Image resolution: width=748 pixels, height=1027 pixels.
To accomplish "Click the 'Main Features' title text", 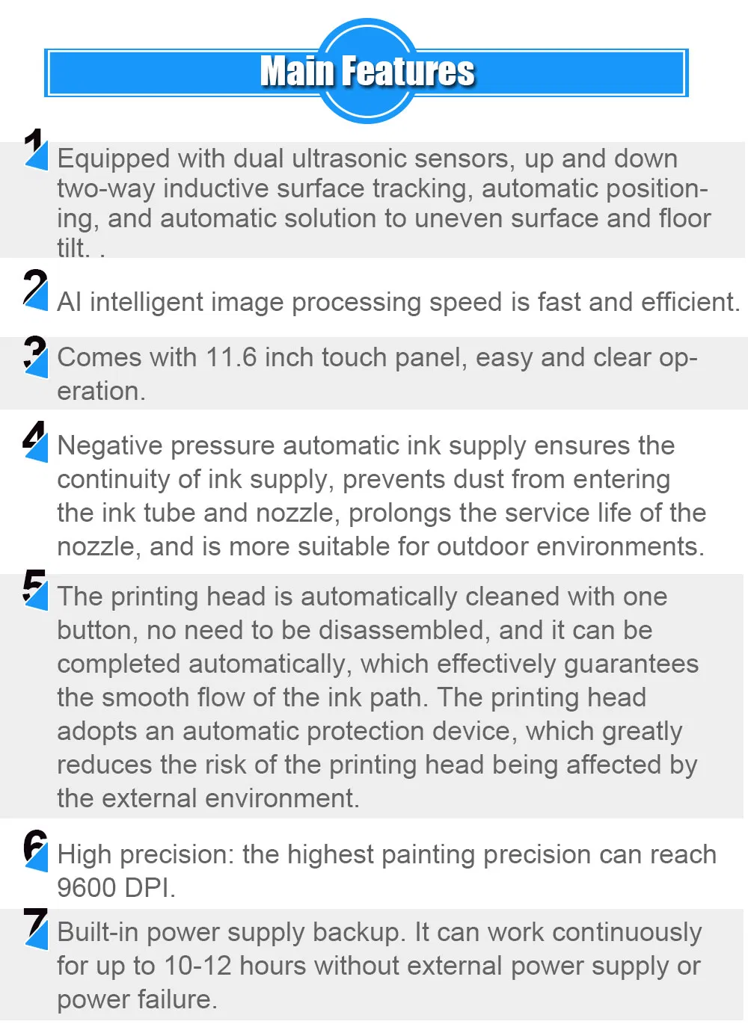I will point(367,72).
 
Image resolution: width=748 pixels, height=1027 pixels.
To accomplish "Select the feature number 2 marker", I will point(35,289).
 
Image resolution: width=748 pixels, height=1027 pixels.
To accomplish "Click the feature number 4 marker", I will point(35,440).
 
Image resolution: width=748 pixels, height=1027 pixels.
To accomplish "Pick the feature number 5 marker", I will point(35,589).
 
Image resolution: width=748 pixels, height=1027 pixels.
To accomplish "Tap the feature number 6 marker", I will point(35,850).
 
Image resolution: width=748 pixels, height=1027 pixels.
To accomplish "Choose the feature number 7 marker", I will point(35,928).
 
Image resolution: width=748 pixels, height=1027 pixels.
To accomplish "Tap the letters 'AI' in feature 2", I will point(70,302).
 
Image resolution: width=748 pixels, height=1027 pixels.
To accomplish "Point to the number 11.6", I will point(231,357).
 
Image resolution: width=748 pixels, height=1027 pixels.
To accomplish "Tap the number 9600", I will point(87,888).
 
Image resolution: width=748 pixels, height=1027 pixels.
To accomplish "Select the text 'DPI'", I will point(149,888).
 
